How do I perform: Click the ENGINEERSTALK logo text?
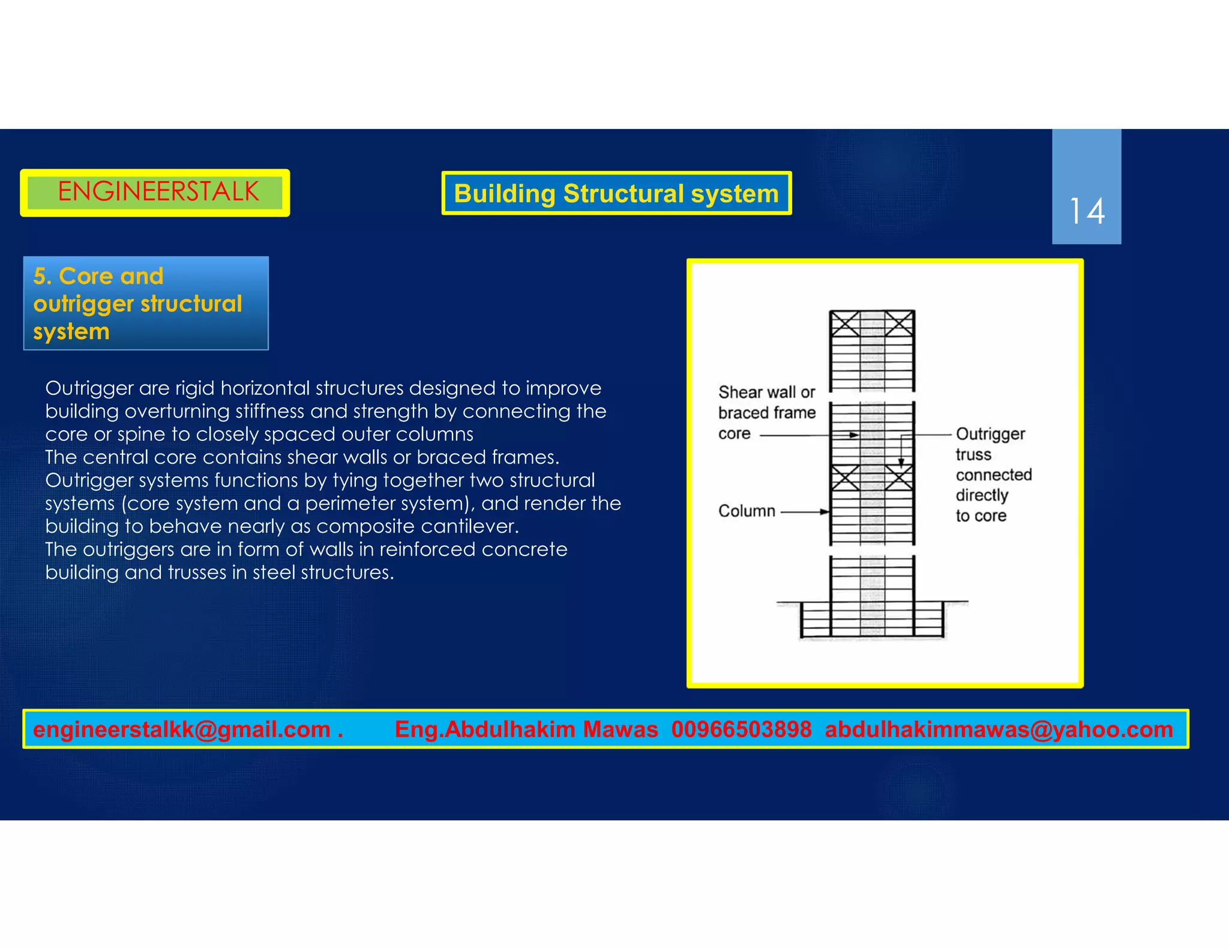[x=158, y=192]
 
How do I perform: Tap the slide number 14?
[x=1086, y=211]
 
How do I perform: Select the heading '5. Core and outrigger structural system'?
[x=137, y=304]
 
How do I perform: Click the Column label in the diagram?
[x=747, y=511]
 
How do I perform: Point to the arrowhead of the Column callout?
[x=825, y=512]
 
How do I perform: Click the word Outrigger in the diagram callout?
[x=990, y=434]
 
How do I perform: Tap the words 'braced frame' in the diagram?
[x=767, y=413]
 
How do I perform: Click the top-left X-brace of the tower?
[x=845, y=324]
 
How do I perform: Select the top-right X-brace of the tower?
[x=900, y=324]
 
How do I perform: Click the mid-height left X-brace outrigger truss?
[x=845, y=477]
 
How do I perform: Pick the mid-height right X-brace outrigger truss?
[x=900, y=477]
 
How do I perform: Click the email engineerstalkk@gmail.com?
[x=182, y=729]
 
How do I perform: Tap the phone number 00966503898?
[x=741, y=729]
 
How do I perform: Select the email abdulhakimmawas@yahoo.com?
[x=999, y=729]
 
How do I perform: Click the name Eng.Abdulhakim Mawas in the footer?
[x=526, y=729]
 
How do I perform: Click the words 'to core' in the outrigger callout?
[x=981, y=516]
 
